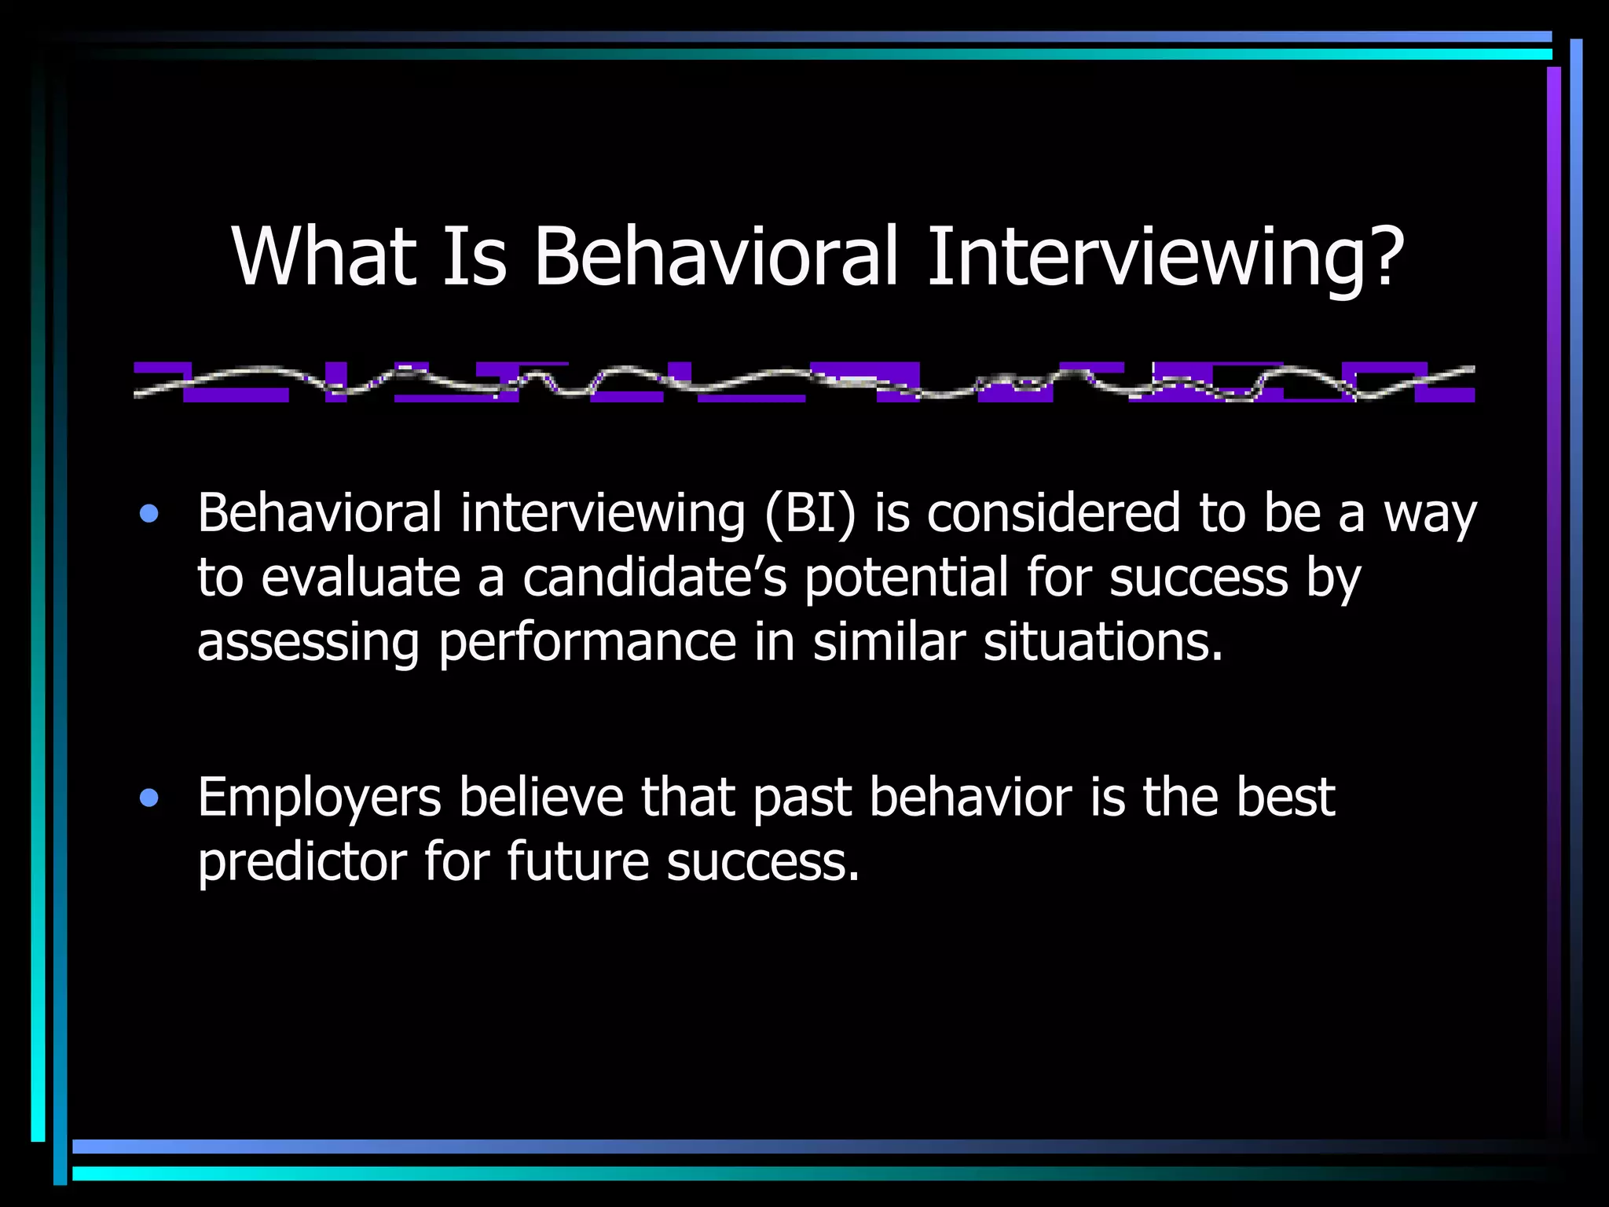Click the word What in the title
click(323, 257)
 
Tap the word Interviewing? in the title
click(1165, 257)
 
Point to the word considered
click(1053, 514)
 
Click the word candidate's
click(654, 578)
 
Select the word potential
click(906, 578)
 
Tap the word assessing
click(308, 643)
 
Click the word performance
click(587, 643)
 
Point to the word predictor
click(302, 863)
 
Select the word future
click(577, 861)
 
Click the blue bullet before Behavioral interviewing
click(148, 515)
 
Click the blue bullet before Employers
click(148, 799)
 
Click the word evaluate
click(360, 578)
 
